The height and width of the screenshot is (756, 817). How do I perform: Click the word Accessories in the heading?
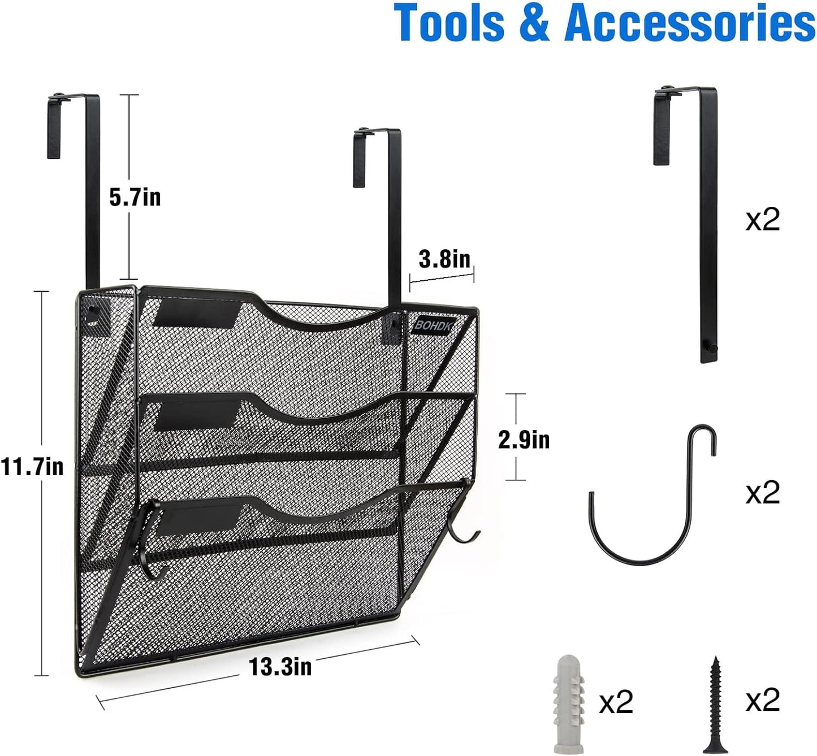pyautogui.click(x=689, y=23)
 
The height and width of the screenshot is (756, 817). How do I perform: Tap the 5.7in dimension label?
pyautogui.click(x=135, y=197)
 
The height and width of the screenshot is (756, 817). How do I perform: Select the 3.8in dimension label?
pyautogui.click(x=444, y=259)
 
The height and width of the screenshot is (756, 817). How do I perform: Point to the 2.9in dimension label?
pyautogui.click(x=524, y=440)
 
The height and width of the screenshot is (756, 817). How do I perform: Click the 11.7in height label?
pyautogui.click(x=32, y=467)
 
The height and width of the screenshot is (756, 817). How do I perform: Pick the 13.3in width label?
pyautogui.click(x=280, y=667)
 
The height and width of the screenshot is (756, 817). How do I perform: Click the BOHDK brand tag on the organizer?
pyautogui.click(x=434, y=325)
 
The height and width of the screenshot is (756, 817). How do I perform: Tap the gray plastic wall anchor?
pyautogui.click(x=568, y=703)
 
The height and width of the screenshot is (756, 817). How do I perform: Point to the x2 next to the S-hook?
pyautogui.click(x=763, y=492)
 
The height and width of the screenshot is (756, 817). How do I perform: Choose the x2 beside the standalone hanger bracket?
pyautogui.click(x=763, y=219)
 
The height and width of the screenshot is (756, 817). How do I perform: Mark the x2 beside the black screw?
pyautogui.click(x=763, y=701)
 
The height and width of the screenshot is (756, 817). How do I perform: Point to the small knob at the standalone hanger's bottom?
pyautogui.click(x=714, y=348)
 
